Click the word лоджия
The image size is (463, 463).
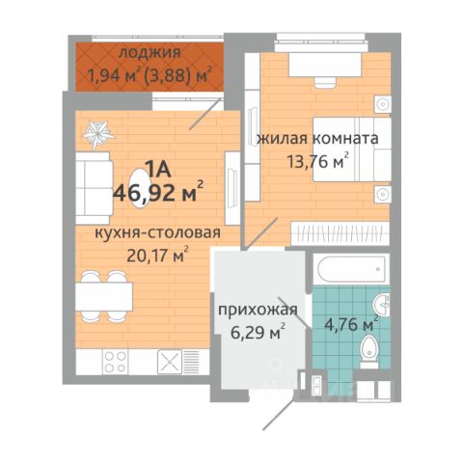tap(150, 53)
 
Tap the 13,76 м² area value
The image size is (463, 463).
tap(318, 161)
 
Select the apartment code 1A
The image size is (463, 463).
tap(158, 169)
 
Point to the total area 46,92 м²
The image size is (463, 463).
tap(158, 192)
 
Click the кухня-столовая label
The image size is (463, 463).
tap(158, 232)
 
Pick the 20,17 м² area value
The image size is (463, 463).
tap(157, 255)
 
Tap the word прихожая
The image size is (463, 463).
tap(258, 311)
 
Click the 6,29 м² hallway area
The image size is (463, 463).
tap(258, 332)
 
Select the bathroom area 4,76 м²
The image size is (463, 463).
tap(351, 324)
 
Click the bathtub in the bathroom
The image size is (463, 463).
tap(351, 268)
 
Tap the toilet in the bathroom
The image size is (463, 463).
tap(368, 351)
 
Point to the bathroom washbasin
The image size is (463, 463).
tap(382, 305)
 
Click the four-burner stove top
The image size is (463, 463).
tap(116, 362)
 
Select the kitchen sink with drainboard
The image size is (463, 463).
tap(178, 362)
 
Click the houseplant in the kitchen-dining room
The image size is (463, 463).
tap(98, 133)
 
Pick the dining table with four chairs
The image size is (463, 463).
tap(104, 296)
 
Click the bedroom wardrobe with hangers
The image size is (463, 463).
tap(340, 233)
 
